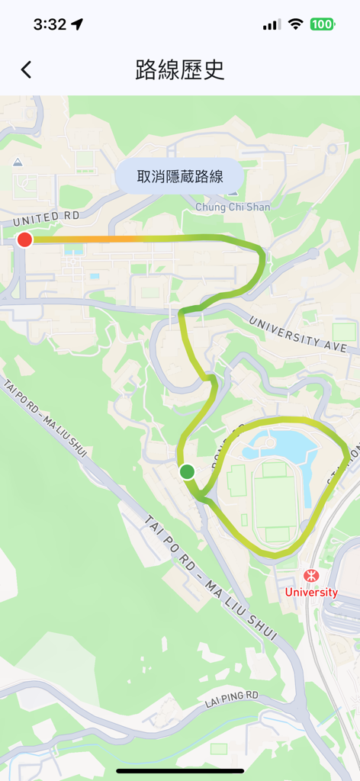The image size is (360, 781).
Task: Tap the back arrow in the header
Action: click(26, 70)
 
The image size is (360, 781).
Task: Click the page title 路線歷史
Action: click(180, 70)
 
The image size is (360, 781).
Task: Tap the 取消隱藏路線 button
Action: click(180, 177)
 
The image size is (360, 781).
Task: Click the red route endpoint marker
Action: click(24, 239)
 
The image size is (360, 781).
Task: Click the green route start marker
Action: click(187, 472)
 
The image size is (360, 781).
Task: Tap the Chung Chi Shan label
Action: click(233, 207)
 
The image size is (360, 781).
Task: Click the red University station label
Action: click(311, 593)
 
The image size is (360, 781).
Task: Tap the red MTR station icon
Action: click(310, 576)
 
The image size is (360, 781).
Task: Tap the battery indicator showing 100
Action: click(322, 24)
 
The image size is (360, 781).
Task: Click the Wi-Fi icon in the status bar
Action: click(295, 24)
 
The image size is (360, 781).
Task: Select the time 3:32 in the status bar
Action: click(50, 24)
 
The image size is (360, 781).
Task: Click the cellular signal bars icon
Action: click(272, 24)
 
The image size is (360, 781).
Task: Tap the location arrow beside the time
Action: click(77, 24)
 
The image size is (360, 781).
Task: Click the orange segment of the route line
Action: click(92, 239)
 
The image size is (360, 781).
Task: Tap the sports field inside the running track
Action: click(274, 503)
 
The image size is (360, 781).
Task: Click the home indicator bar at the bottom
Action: click(180, 771)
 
